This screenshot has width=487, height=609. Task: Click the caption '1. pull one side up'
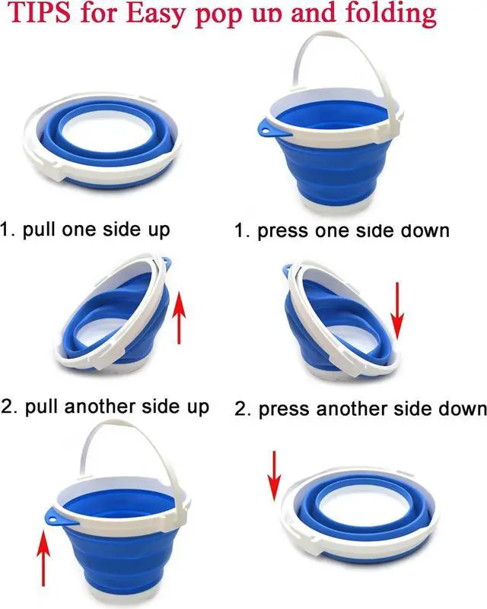point(85,229)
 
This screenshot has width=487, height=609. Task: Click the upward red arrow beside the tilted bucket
point(180,316)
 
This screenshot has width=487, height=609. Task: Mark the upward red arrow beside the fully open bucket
point(43,556)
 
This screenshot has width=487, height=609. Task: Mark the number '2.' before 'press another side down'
point(242,409)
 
